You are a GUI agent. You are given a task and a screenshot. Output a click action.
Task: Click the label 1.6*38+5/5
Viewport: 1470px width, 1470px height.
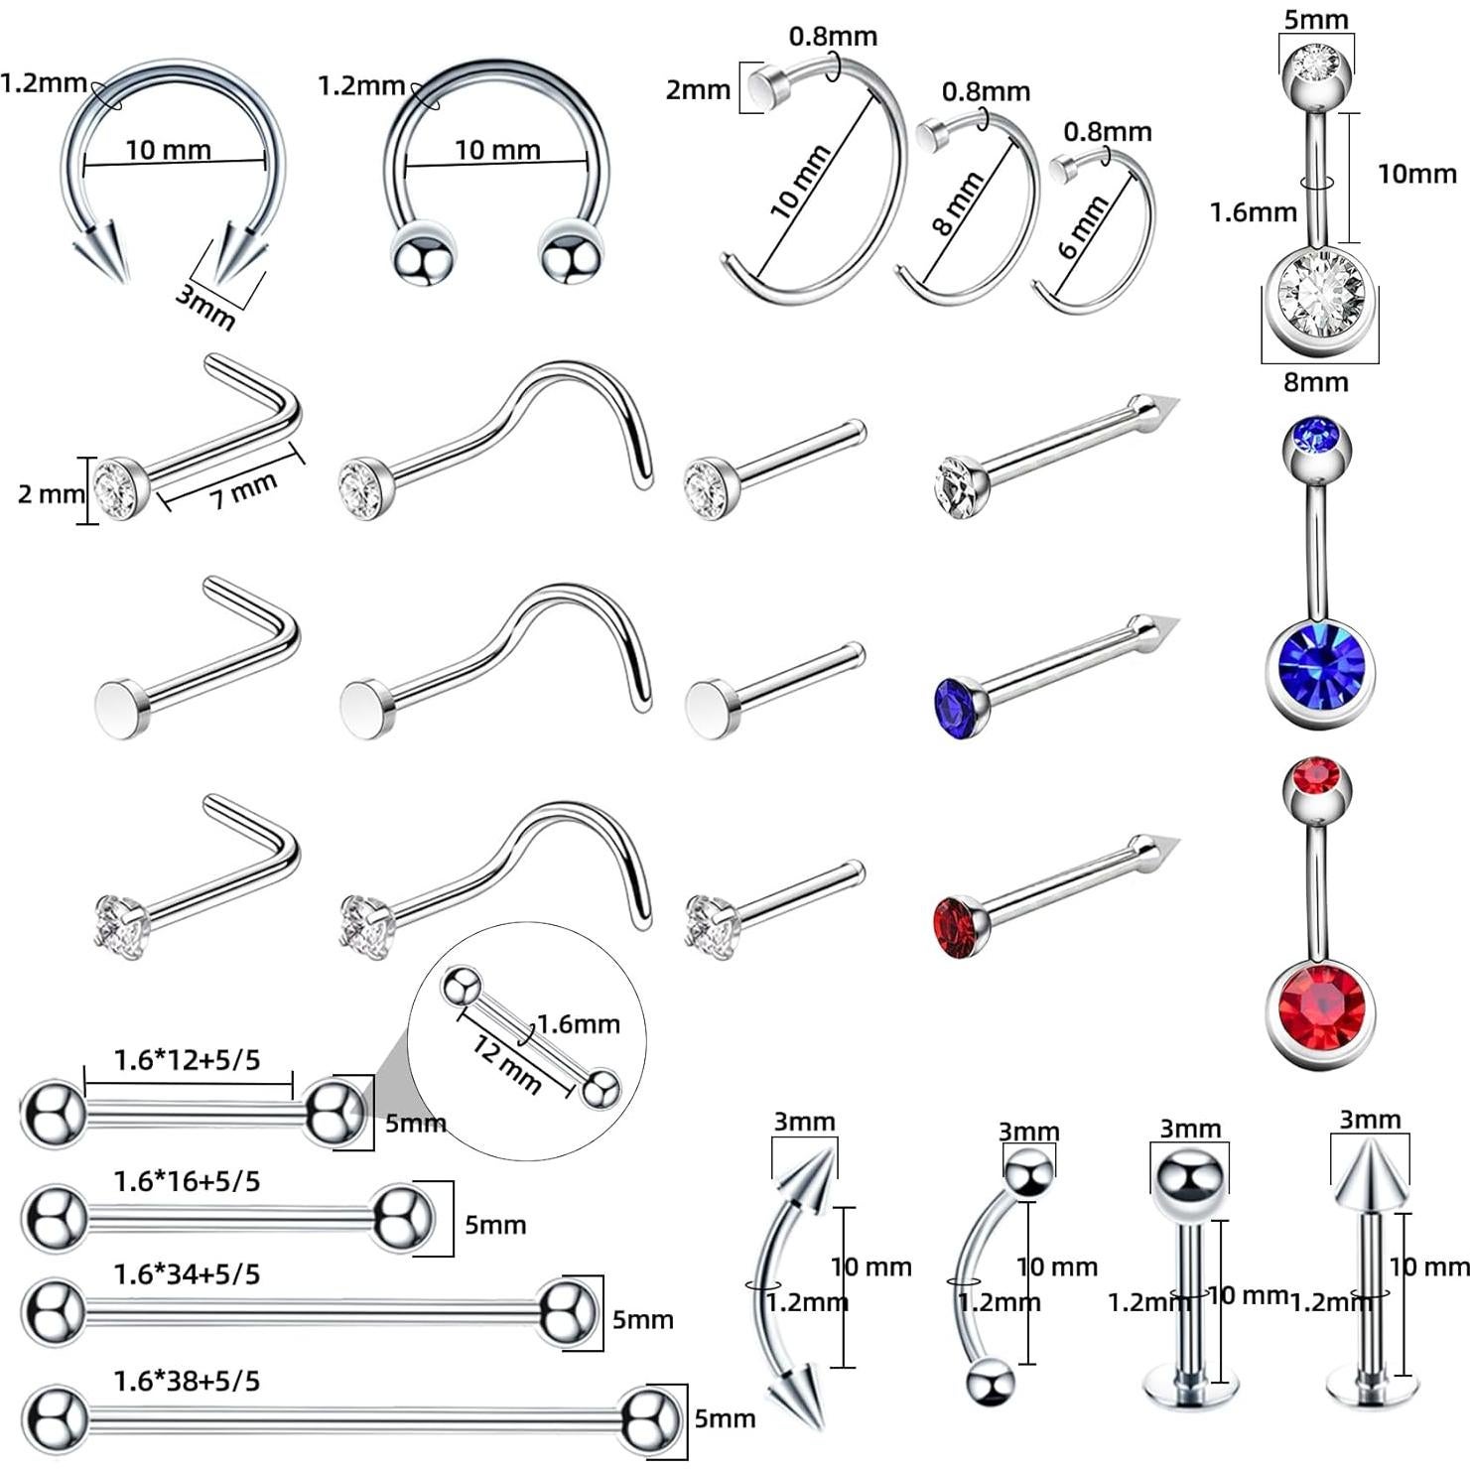pos(187,1381)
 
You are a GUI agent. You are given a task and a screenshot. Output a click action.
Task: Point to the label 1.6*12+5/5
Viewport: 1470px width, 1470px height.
pos(187,1060)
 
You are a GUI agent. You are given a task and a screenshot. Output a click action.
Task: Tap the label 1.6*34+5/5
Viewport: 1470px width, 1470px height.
pos(187,1273)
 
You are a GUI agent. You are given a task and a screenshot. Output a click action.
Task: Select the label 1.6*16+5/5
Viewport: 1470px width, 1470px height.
pos(187,1181)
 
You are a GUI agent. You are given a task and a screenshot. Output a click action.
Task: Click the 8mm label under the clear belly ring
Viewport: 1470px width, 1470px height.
pos(1315,382)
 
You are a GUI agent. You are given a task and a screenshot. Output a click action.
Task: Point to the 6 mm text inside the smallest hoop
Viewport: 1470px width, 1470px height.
pos(1083,227)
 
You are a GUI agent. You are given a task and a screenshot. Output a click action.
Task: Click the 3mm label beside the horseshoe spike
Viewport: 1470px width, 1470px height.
pos(204,307)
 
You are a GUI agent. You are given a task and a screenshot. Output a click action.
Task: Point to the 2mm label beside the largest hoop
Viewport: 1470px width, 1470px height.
pos(698,90)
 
